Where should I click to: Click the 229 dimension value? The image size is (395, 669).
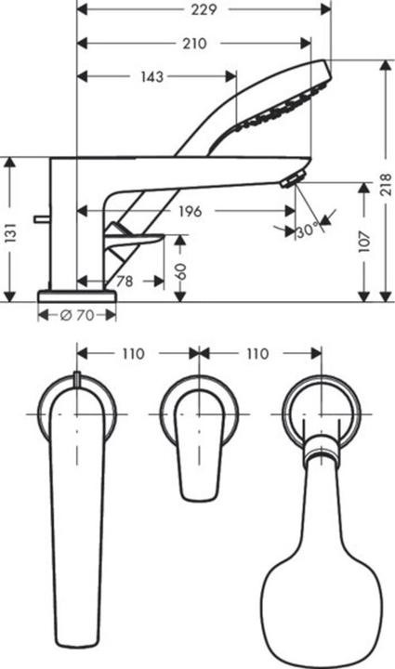(204, 10)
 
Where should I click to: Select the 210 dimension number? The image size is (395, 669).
(193, 44)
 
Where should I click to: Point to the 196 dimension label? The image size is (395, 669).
(189, 211)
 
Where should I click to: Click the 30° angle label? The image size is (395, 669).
(308, 230)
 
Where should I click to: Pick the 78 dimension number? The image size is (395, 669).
(121, 281)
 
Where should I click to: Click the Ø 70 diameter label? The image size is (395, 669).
(77, 315)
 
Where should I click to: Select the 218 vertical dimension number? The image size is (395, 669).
(384, 186)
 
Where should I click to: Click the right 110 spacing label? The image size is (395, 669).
(257, 354)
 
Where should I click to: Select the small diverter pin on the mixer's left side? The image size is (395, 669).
(40, 218)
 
